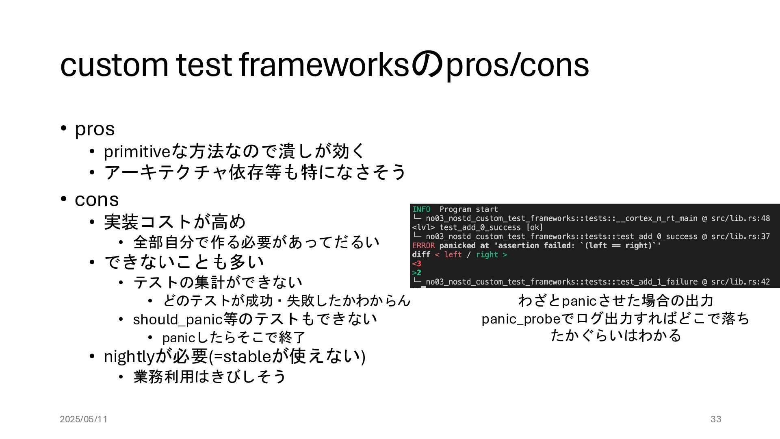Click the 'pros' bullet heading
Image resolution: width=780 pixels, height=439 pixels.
coord(95,129)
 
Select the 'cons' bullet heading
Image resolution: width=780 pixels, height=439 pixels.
coord(97,200)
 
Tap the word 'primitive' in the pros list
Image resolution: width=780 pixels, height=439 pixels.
coord(136,152)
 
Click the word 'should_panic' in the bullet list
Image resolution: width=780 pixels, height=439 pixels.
coord(178,319)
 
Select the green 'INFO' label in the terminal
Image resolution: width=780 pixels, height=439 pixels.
coord(421,209)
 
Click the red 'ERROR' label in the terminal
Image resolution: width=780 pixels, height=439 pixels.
coord(423,246)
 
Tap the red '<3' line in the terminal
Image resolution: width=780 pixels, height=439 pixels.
coord(417,263)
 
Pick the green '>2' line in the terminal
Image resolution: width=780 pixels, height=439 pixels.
coord(417,272)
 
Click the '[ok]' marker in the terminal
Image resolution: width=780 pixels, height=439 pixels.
coord(534,227)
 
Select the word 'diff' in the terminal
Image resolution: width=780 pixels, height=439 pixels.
coord(421,254)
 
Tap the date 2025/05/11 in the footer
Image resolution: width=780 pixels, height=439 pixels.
coord(84,419)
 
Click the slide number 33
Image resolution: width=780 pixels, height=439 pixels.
coord(716,419)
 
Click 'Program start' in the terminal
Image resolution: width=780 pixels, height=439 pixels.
coord(468,209)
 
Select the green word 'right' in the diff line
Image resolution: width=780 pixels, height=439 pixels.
coord(487,254)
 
